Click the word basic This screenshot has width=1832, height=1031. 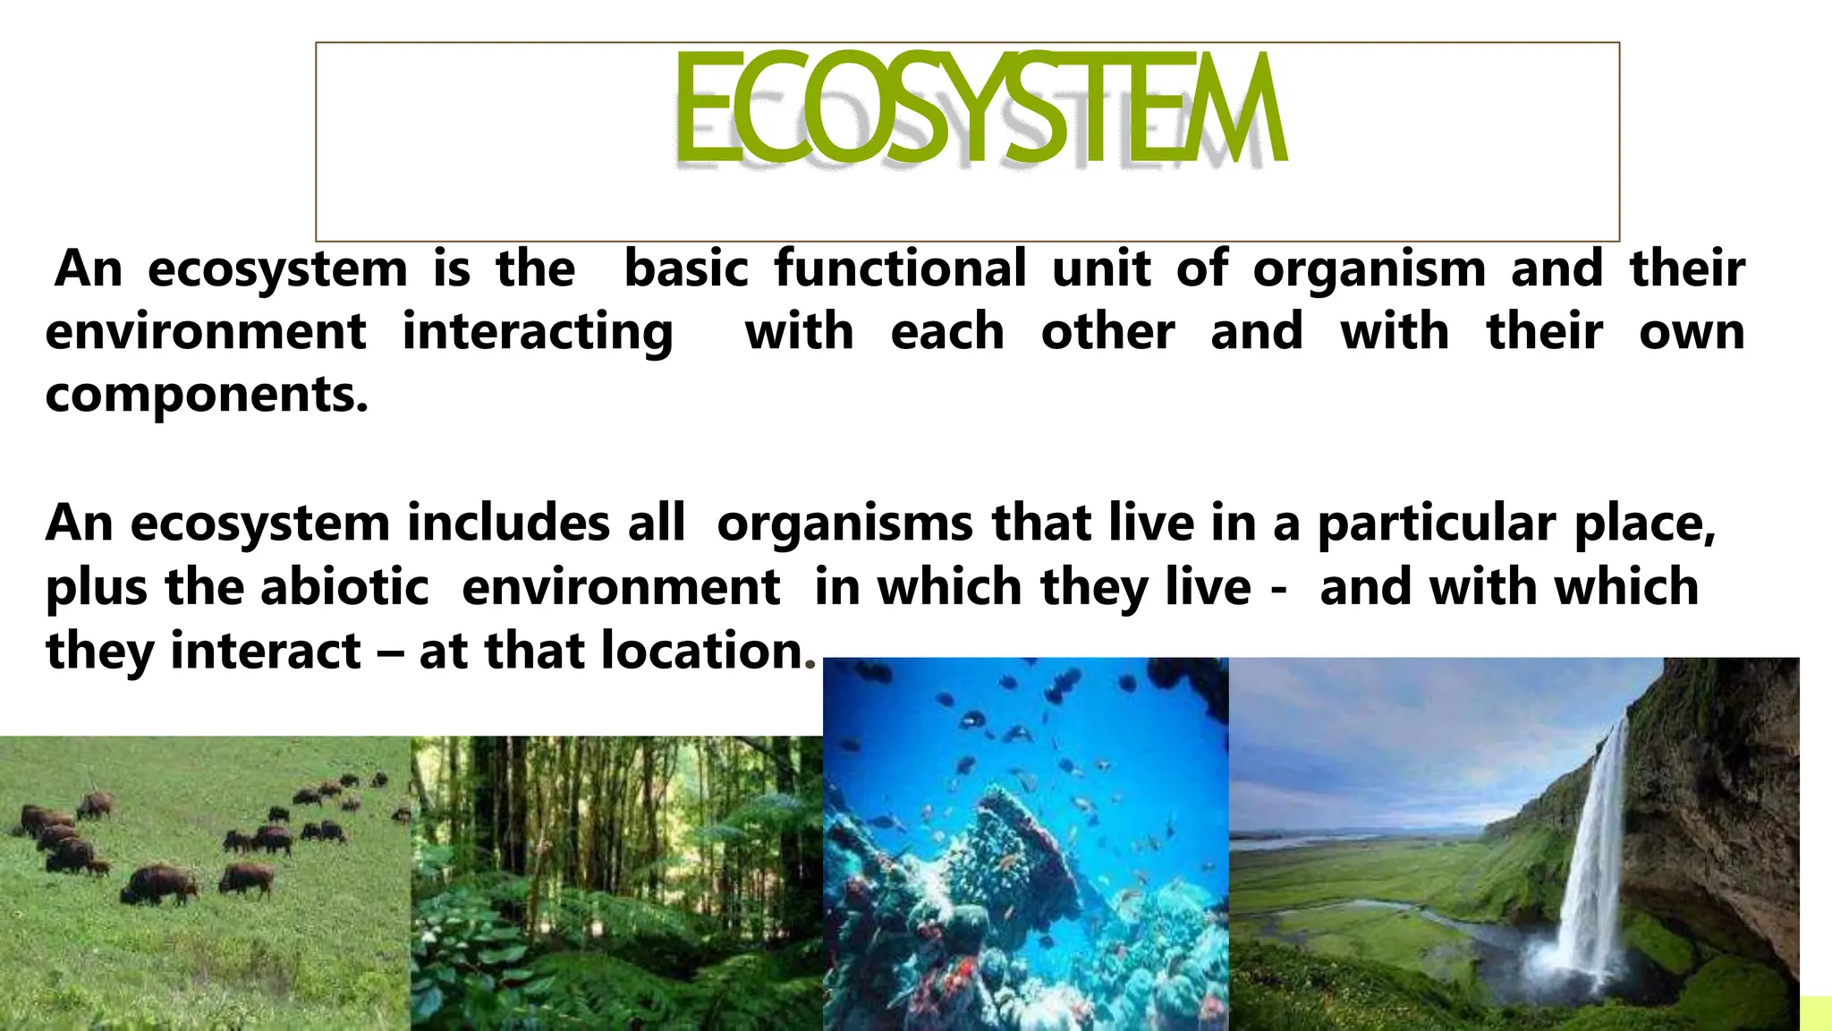click(686, 268)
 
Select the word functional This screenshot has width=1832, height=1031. click(900, 268)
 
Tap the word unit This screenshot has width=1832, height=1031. click(1101, 268)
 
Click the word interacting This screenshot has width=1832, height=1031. click(538, 333)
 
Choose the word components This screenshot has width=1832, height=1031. click(206, 396)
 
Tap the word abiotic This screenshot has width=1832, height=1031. click(344, 588)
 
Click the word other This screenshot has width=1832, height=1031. click(1107, 332)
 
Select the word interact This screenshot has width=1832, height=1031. click(266, 651)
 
